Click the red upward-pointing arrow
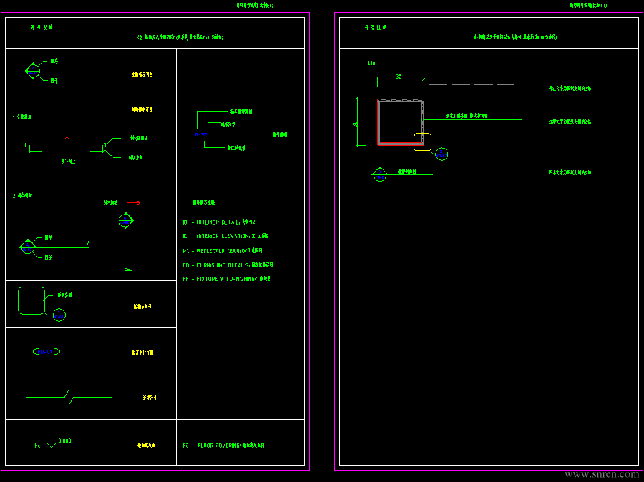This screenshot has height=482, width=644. pyautogui.click(x=67, y=142)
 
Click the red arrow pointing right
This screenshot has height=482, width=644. pyautogui.click(x=133, y=202)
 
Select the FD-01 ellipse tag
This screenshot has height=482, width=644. pyautogui.click(x=47, y=351)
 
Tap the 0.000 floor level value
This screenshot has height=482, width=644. pyautogui.click(x=65, y=441)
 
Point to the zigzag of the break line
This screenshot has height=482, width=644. pyautogui.click(x=69, y=396)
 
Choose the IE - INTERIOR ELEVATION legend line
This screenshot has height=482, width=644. pyautogui.click(x=226, y=236)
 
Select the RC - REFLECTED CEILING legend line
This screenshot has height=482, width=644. pyautogui.click(x=223, y=251)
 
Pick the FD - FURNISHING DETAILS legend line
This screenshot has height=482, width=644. pyautogui.click(x=228, y=265)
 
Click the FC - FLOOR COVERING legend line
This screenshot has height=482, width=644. pyautogui.click(x=224, y=445)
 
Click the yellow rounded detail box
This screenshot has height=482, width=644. pyautogui.click(x=422, y=142)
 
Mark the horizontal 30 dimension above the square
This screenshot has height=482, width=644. pyautogui.click(x=399, y=77)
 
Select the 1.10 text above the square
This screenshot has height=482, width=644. pyautogui.click(x=371, y=64)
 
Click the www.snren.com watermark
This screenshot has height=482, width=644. pyautogui.click(x=602, y=474)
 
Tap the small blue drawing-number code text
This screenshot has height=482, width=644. pyautogui.click(x=202, y=134)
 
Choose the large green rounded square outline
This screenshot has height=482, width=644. pyautogui.click(x=31, y=300)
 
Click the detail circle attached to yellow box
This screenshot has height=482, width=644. pyautogui.click(x=441, y=153)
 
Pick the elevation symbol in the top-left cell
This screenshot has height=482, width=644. pyautogui.click(x=33, y=70)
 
